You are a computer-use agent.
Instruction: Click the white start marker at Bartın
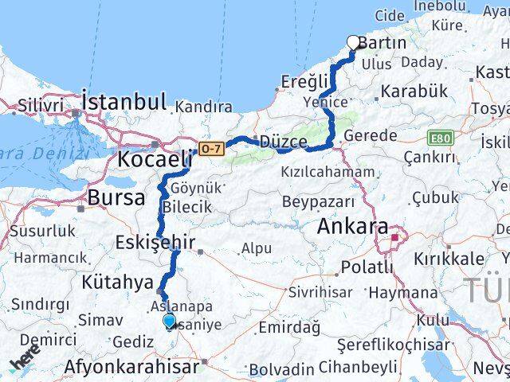pos(354,43)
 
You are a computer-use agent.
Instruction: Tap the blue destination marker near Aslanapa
pos(169,322)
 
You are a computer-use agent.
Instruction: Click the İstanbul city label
pos(124,102)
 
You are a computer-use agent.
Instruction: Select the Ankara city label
pos(352,227)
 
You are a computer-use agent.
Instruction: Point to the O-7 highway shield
pos(210,149)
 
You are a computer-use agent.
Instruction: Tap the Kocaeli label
pos(155,158)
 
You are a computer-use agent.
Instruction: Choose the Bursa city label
pos(116,197)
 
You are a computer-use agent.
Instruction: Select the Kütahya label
pos(116,282)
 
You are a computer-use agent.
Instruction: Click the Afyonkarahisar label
pos(132,368)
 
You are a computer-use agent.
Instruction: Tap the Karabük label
pos(414,92)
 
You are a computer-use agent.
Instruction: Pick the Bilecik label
pos(186,207)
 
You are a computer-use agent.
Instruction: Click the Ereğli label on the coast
pos(304,81)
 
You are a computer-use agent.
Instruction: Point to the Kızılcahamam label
pos(327,171)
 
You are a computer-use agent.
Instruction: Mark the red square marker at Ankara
pos(394,237)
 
